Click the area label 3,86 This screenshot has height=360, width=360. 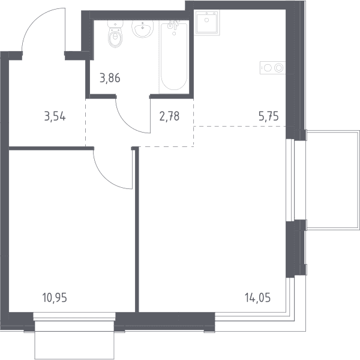110,78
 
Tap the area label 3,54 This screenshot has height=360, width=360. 55,116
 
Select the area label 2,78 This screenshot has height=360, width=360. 169,116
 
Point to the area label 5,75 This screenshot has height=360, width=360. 269,116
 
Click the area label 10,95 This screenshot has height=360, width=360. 55,298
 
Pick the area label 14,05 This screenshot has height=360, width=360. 257,298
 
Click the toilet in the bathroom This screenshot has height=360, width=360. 116,34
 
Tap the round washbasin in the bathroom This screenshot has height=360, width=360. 143,29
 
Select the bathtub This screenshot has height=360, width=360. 174,57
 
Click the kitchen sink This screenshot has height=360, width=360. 207,23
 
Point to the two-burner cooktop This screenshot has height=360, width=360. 273,68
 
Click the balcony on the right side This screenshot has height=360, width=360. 332,180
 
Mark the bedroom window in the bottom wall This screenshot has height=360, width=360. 74,317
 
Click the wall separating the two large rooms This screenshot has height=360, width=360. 137,230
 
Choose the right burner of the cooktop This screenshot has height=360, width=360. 279,68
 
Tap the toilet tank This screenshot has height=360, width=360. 116,24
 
